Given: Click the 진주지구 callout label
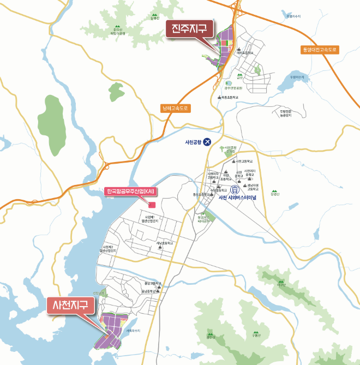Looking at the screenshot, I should coord(190,28).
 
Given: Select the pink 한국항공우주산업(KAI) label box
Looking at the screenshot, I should coord(130,191).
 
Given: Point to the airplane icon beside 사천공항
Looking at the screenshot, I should coord(207,142).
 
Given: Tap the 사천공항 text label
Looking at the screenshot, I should coord(194,142).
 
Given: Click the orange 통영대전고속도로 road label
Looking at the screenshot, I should coord(320,50).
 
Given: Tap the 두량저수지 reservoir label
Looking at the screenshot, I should coord(299,77).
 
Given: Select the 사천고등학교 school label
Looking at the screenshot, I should coord(245,161).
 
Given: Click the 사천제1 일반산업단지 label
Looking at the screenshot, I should coord(148,219).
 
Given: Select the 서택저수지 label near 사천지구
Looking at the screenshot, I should coord(133,331).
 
